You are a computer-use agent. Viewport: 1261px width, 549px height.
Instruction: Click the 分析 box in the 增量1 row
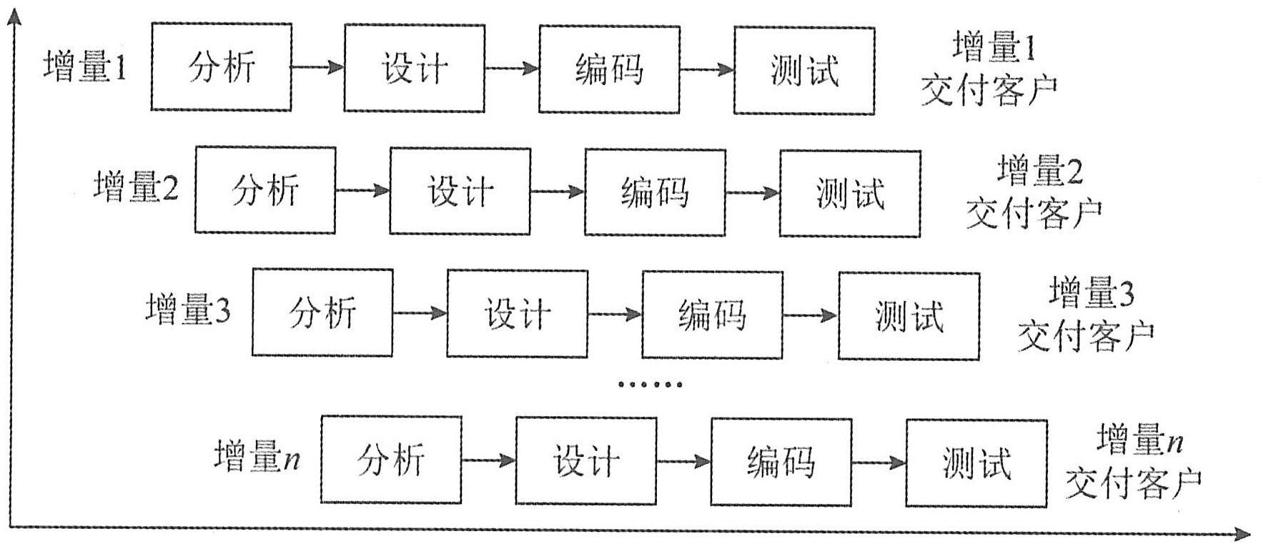pos(221,67)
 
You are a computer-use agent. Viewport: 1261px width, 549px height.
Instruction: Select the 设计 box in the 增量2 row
pos(460,191)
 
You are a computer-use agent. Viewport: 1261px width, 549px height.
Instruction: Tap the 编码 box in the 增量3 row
pos(711,314)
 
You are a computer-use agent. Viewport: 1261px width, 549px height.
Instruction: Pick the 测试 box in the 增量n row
pos(976,463)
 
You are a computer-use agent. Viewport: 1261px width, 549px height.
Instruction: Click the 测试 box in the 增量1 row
pos(804,70)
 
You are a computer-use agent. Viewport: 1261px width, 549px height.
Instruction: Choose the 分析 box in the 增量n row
pos(391,459)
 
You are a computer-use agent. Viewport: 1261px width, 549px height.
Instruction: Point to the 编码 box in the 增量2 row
pos(655,192)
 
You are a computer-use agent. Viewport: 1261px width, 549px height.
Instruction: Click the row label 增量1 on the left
pos(84,68)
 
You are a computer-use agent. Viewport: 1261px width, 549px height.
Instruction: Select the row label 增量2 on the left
pos(136,188)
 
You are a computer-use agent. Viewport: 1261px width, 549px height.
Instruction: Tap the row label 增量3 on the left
pos(188,310)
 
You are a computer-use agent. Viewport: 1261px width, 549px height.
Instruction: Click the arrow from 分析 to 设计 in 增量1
pos(317,68)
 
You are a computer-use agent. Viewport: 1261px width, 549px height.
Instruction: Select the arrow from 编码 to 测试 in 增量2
pos(752,193)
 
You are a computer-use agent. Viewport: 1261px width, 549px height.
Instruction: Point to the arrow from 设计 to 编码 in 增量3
pos(615,314)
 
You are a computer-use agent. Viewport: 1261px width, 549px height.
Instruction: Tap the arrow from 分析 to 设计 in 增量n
pos(488,460)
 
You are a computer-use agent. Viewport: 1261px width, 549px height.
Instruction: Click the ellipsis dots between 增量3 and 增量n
pos(650,385)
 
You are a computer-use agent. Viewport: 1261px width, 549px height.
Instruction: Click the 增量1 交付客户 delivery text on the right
pos(989,69)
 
